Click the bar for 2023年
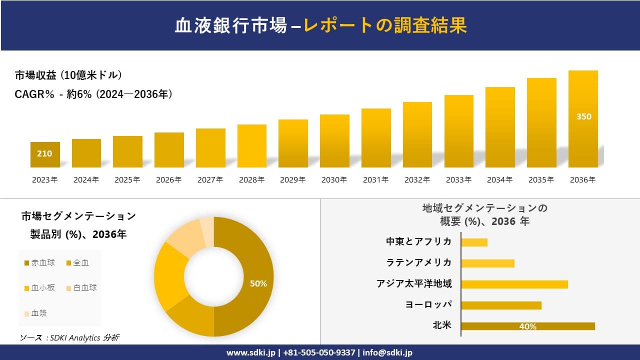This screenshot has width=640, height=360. [45, 155]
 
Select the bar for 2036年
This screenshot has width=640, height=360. [583, 120]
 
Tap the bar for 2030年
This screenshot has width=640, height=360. [334, 141]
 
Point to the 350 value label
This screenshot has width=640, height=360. [583, 116]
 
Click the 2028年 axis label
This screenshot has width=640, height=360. [251, 180]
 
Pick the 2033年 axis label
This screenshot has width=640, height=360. [458, 180]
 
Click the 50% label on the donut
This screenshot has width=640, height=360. [258, 283]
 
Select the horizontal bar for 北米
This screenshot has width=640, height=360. [528, 326]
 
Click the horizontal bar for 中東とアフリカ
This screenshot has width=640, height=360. [474, 242]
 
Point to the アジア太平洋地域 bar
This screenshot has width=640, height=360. [514, 284]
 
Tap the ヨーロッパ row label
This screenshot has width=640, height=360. [428, 304]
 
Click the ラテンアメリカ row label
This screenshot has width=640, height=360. [418, 262]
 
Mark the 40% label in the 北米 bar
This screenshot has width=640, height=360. [528, 326]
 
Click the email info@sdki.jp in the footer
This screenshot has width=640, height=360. [388, 352]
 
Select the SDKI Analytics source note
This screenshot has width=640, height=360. [69, 338]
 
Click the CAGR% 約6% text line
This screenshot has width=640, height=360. [93, 94]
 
